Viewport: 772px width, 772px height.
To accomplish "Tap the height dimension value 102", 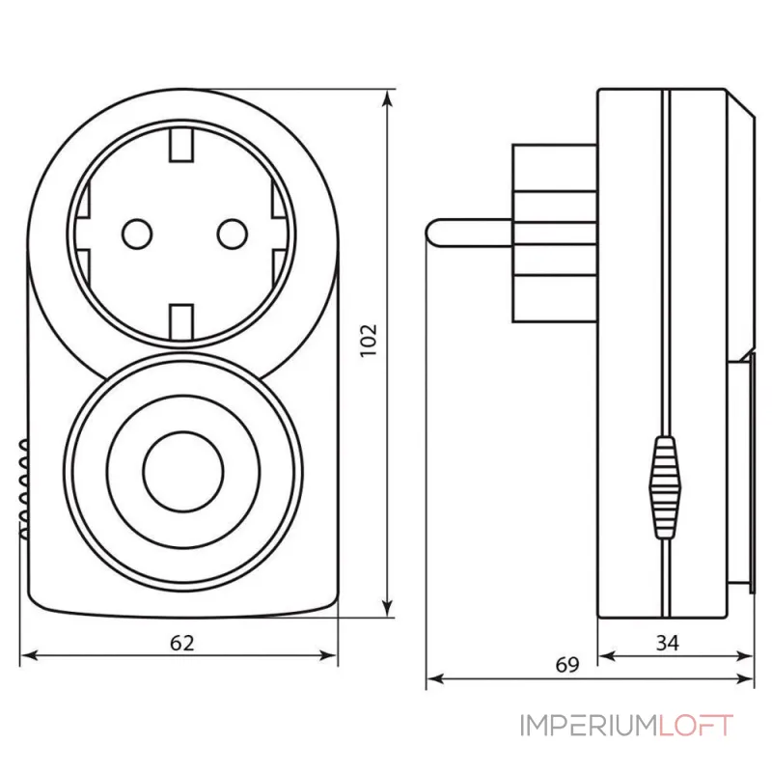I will (x=371, y=340).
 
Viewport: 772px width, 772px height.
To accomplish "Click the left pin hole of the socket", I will (x=134, y=232).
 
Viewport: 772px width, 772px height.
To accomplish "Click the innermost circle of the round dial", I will (x=183, y=469).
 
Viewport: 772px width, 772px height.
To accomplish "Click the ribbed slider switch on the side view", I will (x=664, y=484).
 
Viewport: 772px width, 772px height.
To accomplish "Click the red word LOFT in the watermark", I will (x=696, y=725).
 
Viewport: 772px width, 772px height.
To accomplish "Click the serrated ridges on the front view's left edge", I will (x=21, y=487).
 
